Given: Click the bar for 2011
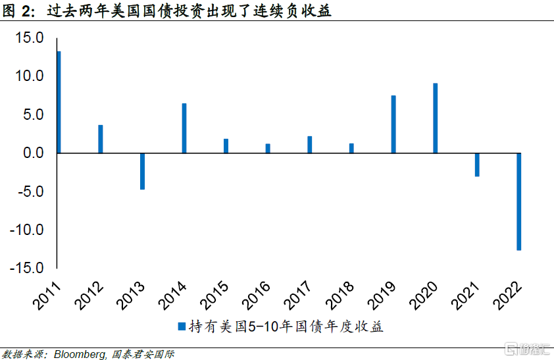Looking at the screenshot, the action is click(59, 102).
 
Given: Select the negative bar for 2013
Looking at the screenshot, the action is click(142, 171).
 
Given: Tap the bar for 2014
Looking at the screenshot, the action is click(184, 128).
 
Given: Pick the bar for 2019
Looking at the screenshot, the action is click(393, 124).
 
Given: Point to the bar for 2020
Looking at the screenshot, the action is click(436, 118).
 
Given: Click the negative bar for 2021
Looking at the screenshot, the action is click(477, 165).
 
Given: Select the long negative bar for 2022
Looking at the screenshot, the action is click(519, 202).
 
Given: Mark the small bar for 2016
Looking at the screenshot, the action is click(268, 148).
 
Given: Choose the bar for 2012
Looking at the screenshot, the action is click(101, 139).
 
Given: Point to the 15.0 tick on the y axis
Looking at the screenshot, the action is click(30, 38).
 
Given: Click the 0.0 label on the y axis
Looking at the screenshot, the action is click(33, 153).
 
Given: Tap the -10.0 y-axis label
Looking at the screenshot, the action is click(27, 230).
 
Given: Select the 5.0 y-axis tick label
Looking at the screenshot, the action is click(33, 115).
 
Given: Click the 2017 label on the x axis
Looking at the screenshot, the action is click(298, 296).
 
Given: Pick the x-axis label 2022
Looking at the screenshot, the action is click(507, 296).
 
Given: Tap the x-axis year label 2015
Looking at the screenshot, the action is click(214, 296).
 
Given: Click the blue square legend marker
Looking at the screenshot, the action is click(182, 326).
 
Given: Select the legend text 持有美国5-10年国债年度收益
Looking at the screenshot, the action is click(286, 326).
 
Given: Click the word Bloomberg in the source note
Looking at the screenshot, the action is click(80, 354).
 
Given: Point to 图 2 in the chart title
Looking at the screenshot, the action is click(18, 11).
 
